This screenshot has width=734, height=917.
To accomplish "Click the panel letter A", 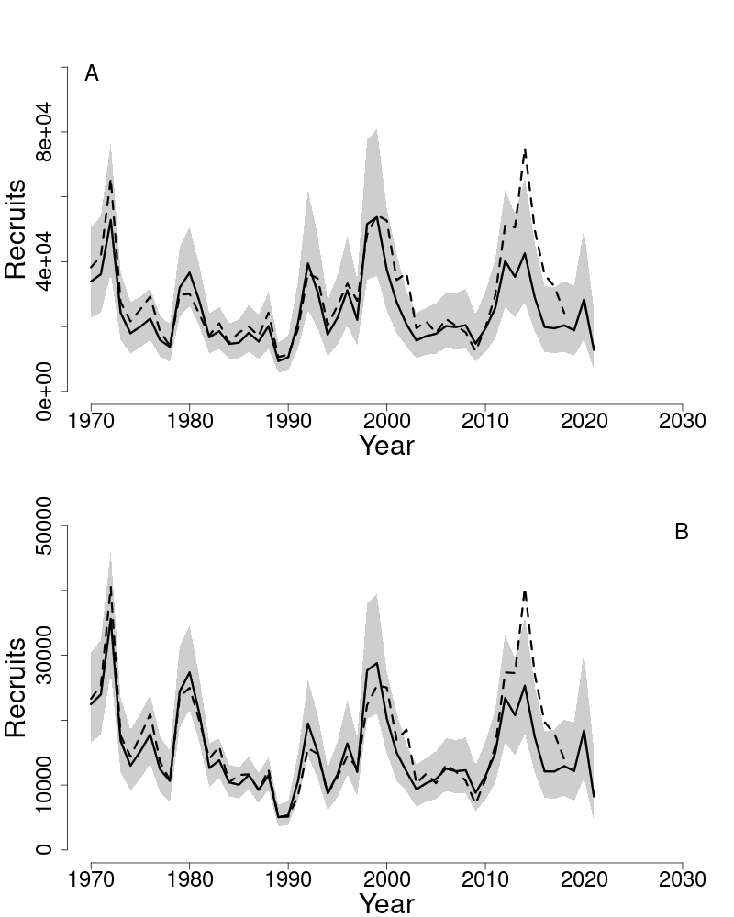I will pos(92,74).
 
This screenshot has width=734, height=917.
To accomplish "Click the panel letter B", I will pos(681,532).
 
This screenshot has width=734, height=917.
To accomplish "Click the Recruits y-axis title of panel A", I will pos(16,229).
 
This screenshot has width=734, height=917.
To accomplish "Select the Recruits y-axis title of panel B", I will pos(16,688).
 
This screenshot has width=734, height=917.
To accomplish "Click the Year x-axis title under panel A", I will pos(386,447).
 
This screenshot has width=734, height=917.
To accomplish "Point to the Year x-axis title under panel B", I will pos(386,903).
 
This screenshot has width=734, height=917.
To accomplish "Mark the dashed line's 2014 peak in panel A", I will pos(525,148).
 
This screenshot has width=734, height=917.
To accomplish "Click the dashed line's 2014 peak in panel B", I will pos(525,591).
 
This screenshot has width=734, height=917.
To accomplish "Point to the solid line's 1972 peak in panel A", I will pos(111,218).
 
